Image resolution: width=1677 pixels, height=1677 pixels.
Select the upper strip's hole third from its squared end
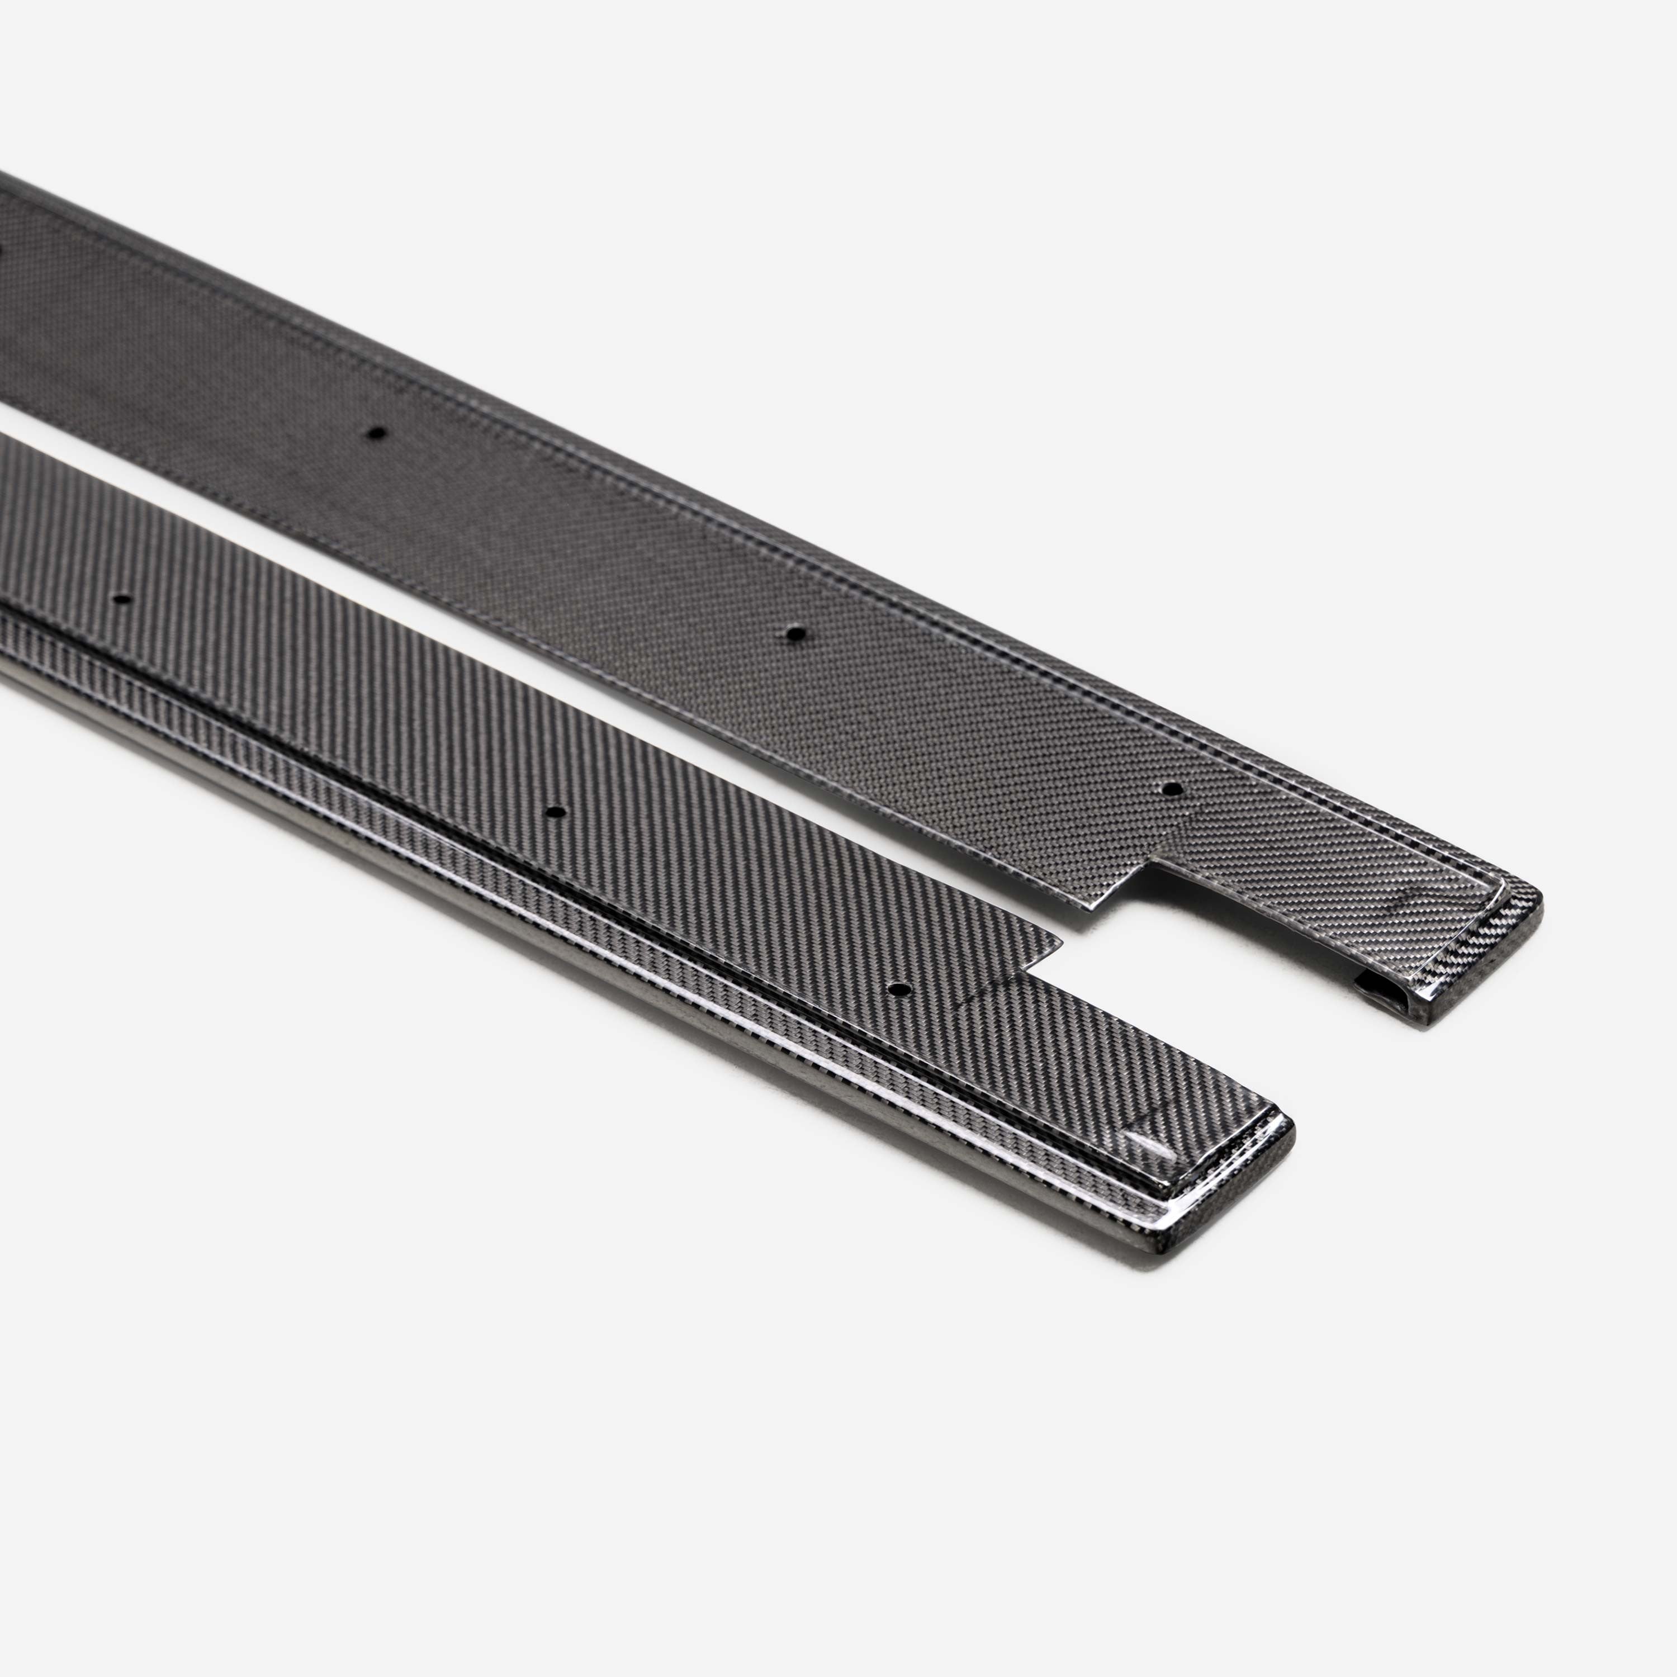[376, 432]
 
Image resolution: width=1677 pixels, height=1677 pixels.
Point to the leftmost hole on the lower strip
[121, 599]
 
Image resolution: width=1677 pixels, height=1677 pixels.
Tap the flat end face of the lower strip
[1224, 1215]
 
